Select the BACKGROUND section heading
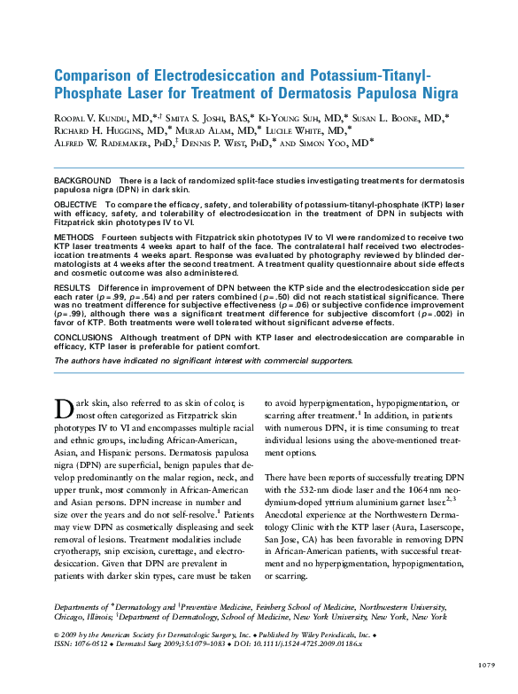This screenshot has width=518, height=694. click(82, 180)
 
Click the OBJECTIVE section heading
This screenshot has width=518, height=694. click(76, 203)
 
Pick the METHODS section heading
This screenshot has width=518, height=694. click(74, 238)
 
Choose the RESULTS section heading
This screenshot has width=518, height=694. click(73, 288)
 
